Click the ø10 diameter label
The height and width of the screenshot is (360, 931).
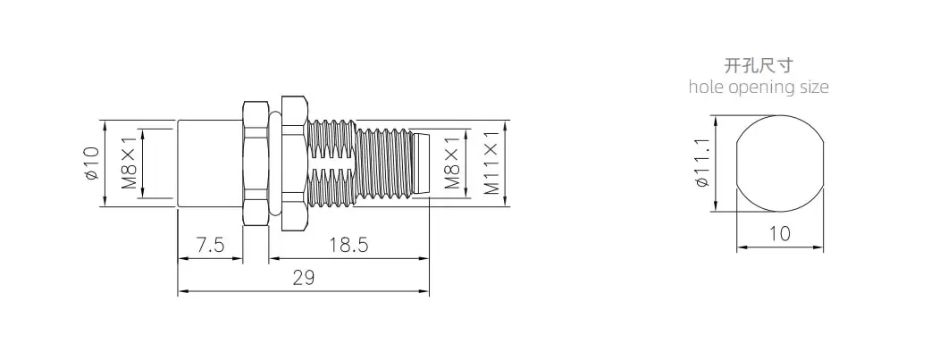[91, 163]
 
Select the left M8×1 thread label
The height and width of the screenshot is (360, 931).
[130, 163]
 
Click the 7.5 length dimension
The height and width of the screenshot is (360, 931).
[211, 245]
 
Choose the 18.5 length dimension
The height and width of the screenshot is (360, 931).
[349, 245]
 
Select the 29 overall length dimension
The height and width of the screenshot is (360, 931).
[304, 278]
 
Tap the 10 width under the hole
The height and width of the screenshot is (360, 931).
[780, 234]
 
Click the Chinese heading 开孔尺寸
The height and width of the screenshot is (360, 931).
[759, 65]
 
